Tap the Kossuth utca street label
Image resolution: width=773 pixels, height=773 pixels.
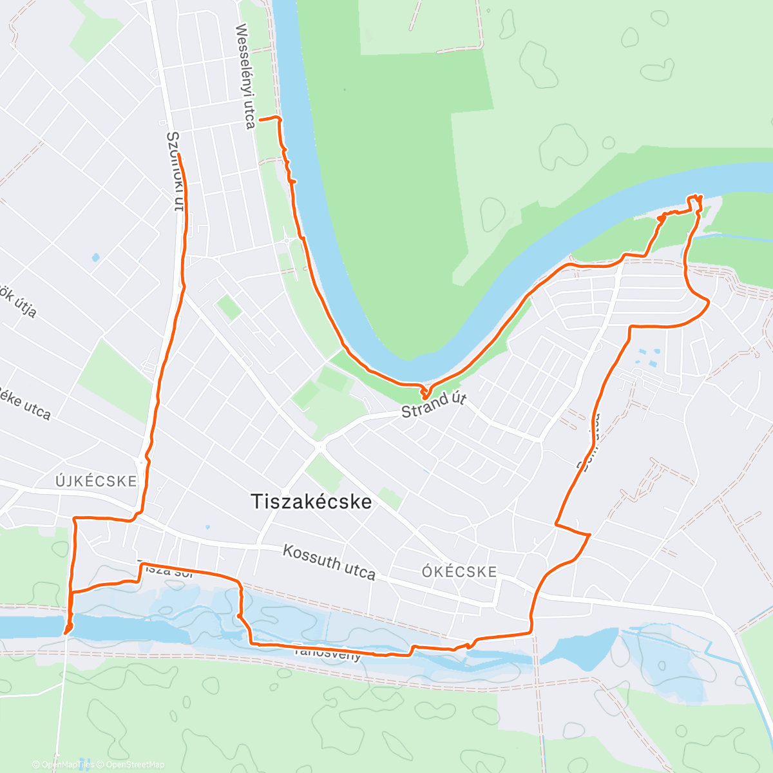(x=329, y=562)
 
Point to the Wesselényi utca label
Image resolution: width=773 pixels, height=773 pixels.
(x=245, y=76)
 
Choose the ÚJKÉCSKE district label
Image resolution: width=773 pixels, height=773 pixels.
(x=96, y=481)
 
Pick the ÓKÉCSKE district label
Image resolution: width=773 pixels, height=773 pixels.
(x=459, y=571)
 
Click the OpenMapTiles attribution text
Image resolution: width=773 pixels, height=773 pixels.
(x=68, y=765)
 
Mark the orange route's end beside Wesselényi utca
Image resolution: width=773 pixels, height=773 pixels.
(x=260, y=120)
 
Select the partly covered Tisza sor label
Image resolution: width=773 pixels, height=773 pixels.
(x=164, y=570)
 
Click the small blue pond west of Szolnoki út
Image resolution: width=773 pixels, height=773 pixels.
(x=95, y=258)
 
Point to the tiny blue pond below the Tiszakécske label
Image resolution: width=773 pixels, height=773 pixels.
(x=207, y=528)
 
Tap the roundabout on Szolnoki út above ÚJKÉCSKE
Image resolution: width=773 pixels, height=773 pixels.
(x=140, y=461)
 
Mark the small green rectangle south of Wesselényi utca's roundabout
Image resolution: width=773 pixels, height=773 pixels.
(x=229, y=307)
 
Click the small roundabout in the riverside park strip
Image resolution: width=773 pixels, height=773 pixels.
(x=285, y=241)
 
